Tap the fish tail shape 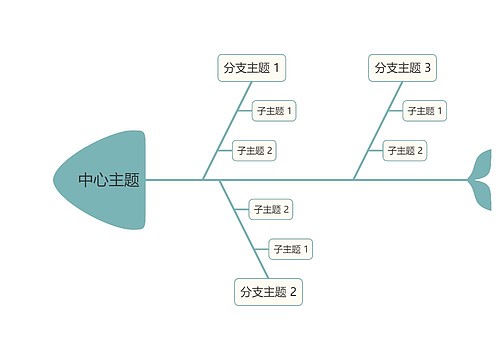(x=482, y=180)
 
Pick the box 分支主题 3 (x=402, y=68)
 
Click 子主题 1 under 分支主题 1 (x=274, y=110)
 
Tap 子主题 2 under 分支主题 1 (x=254, y=150)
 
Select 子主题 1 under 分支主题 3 (x=425, y=110)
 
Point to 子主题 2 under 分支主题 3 (x=405, y=150)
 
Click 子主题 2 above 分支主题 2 (x=270, y=209)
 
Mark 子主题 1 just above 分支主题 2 (x=291, y=249)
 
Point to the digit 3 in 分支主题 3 (x=428, y=68)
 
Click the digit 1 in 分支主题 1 (x=277, y=68)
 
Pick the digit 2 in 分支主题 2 (x=294, y=292)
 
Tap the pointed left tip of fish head (x=55, y=180)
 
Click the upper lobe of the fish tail (x=486, y=162)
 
